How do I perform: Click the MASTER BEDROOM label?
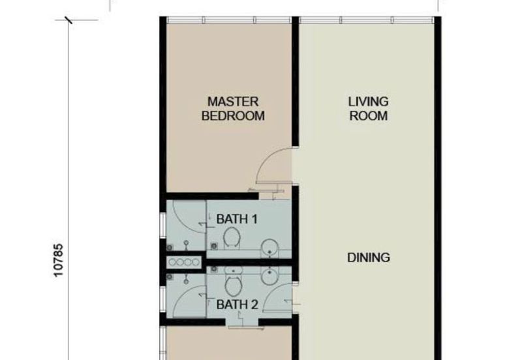(x=233, y=109)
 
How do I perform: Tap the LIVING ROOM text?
(x=368, y=109)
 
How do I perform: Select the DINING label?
(x=368, y=258)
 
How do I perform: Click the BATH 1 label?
(x=237, y=219)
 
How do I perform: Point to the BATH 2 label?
(x=237, y=305)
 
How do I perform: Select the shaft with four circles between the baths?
(x=183, y=262)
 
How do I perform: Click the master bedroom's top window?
(x=228, y=20)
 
